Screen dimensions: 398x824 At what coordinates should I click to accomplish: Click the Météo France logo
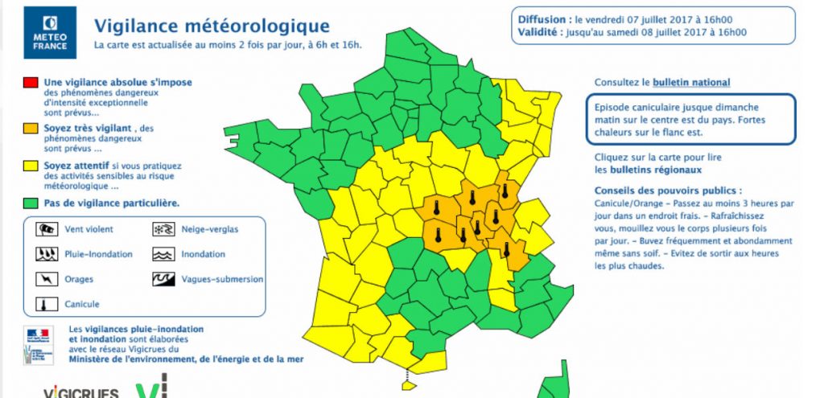point(50,32)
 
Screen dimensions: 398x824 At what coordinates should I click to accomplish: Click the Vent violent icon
point(43,229)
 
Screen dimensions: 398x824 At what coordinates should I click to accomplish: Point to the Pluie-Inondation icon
point(43,254)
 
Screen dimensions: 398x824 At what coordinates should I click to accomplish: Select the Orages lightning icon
point(43,279)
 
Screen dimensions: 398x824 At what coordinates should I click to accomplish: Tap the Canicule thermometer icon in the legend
point(43,305)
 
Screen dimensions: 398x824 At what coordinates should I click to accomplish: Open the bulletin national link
point(691,82)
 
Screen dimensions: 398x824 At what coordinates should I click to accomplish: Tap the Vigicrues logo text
point(81,392)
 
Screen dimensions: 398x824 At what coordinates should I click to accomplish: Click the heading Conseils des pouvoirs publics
point(668,191)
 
